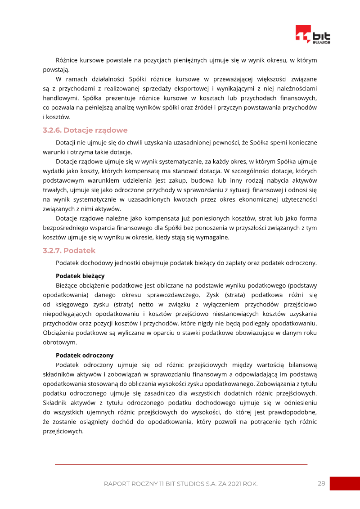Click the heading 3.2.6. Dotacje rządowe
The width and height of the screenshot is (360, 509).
tap(85, 131)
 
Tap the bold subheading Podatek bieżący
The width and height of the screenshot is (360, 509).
tap(80, 275)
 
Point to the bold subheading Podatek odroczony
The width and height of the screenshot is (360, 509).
tap(85, 355)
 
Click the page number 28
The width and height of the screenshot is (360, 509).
tap(321, 484)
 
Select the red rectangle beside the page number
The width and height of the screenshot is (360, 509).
tap(345, 484)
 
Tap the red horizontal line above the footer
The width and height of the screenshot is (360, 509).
tap(181, 464)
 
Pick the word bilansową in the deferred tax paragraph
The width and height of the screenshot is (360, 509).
tap(303, 365)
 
